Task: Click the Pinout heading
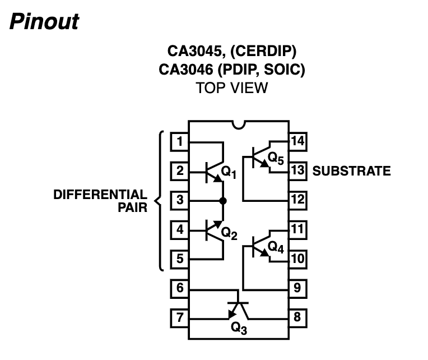point(44,22)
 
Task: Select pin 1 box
point(179,141)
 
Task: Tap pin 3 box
point(179,200)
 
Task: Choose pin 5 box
point(179,259)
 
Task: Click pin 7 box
point(179,317)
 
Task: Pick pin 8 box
point(297,317)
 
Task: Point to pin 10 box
point(297,259)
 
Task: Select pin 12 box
point(297,200)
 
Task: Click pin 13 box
point(297,170)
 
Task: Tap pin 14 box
point(297,141)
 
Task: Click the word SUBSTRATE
point(351,171)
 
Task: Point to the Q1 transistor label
point(229,173)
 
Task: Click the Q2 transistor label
point(229,232)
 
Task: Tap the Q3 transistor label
point(239,329)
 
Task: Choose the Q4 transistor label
point(276,246)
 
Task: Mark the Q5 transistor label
point(276,159)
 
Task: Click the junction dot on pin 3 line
point(223,200)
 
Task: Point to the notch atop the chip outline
point(239,125)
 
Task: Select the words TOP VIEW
point(231,88)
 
